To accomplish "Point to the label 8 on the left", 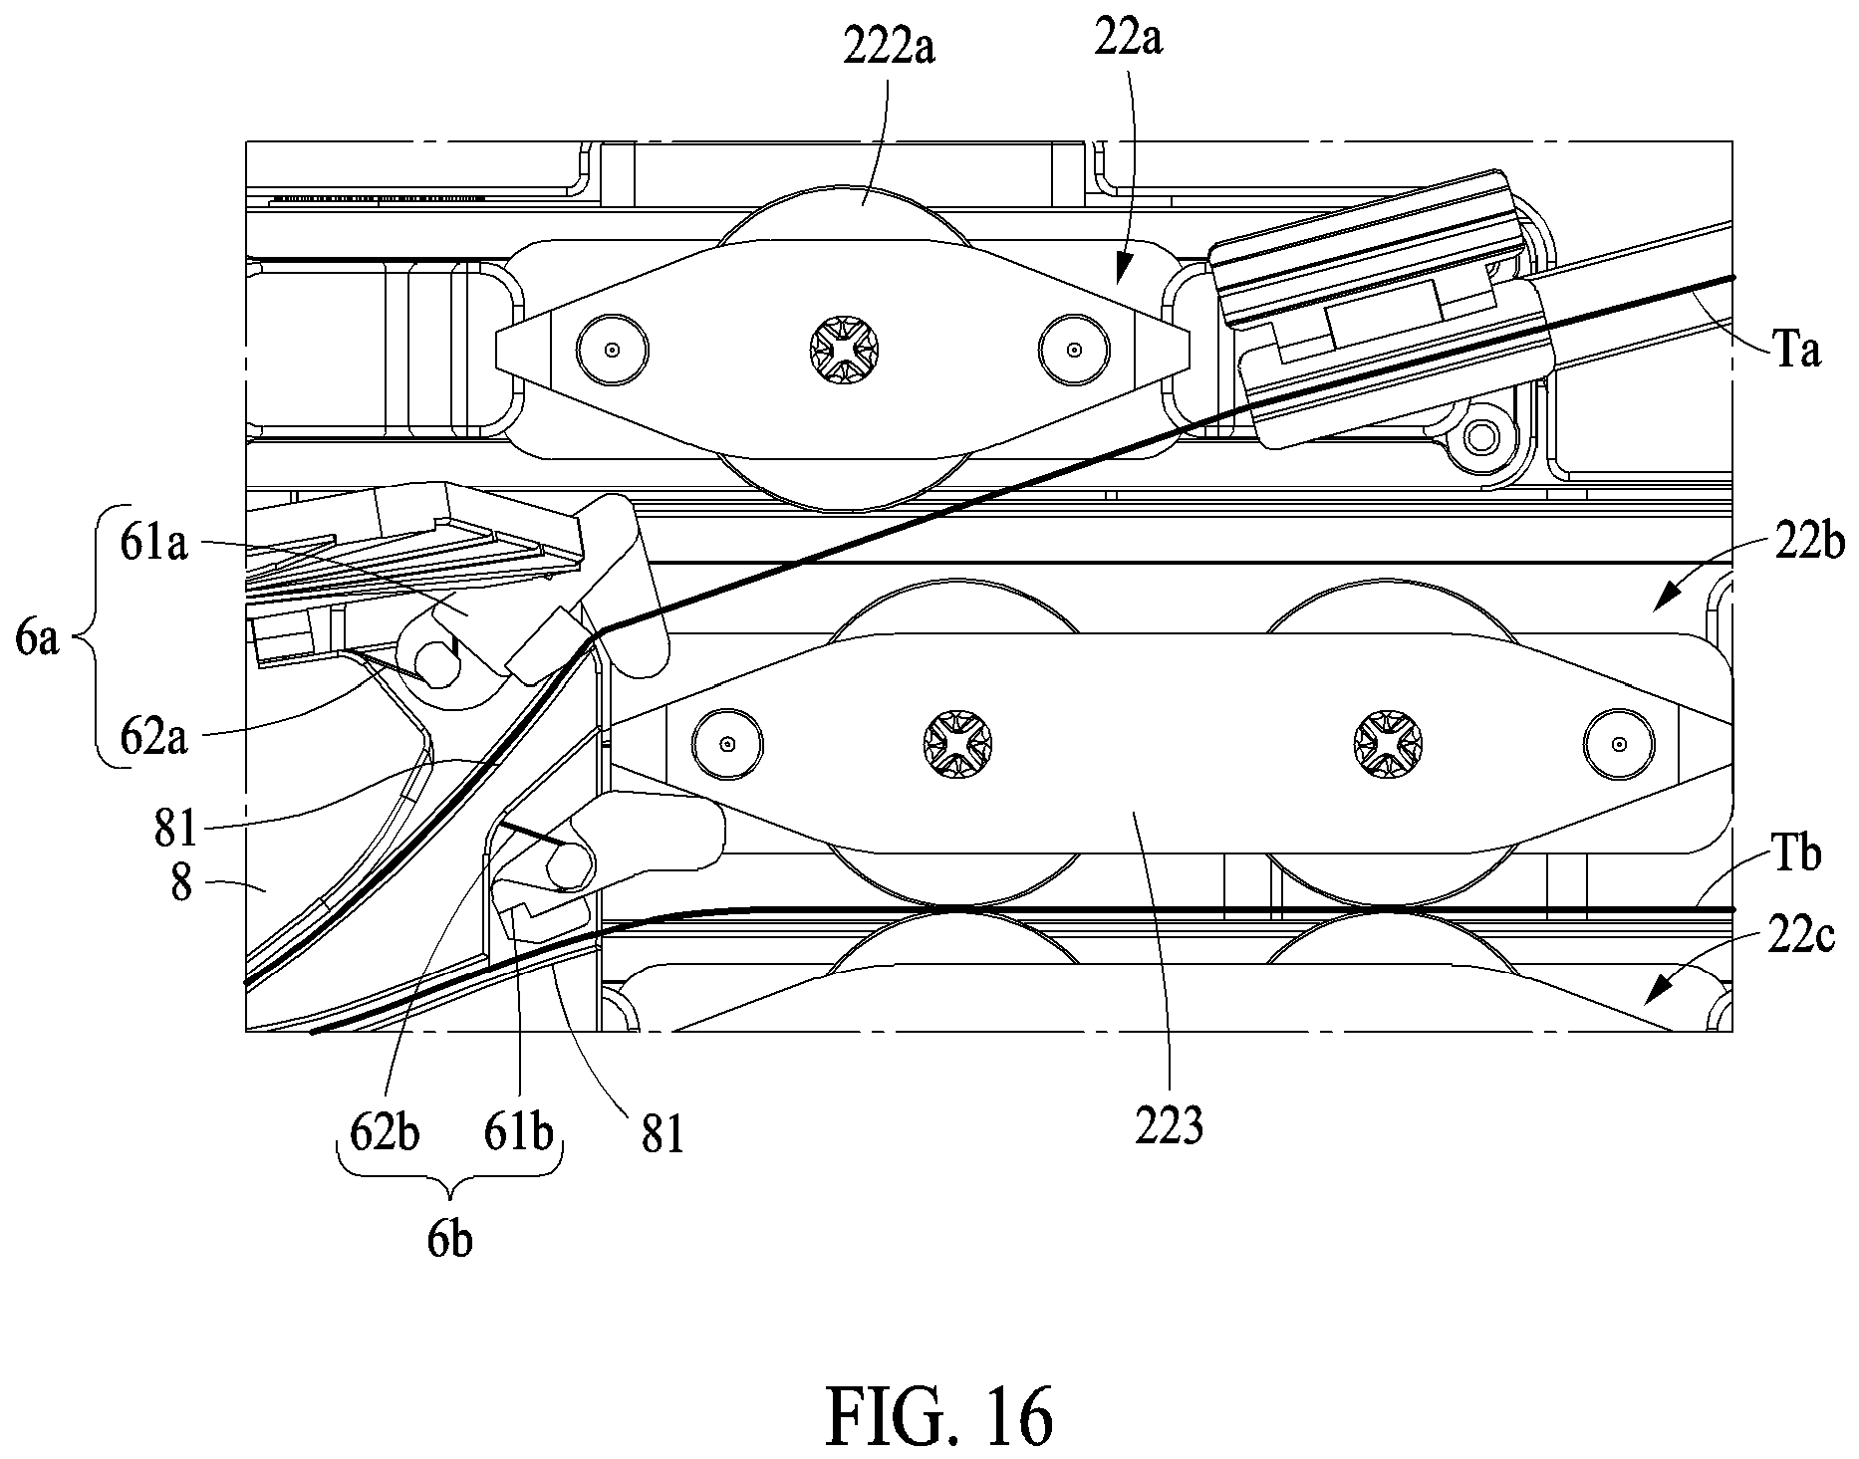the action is point(181,882).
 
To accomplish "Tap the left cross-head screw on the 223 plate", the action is point(956,744).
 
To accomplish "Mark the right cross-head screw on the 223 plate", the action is point(1388,744).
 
